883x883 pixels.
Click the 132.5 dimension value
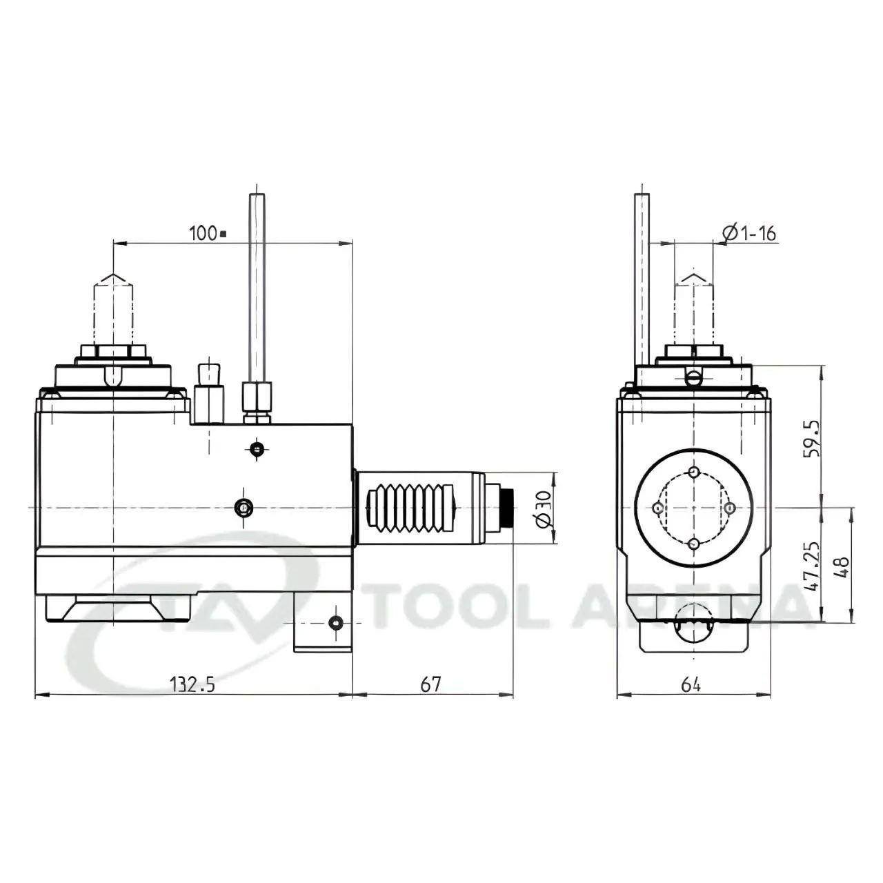192,684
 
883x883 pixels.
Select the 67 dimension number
430,684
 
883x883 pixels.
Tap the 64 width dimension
691,684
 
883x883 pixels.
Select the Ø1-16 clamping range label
748,233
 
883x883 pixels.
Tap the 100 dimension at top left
208,233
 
